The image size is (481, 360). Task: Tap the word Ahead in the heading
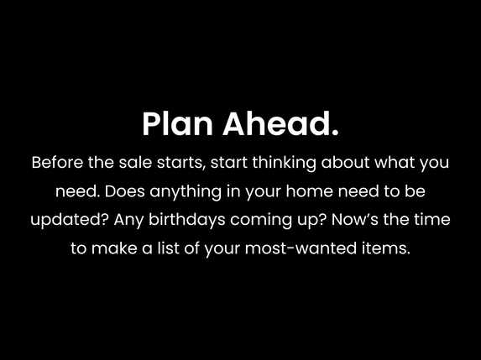tap(280, 124)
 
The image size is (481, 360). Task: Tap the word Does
tap(127, 191)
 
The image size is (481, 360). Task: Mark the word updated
tap(63, 220)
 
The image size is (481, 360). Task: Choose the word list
tap(161, 249)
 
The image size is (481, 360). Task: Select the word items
tap(391, 249)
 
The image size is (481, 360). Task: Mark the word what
tap(398, 163)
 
